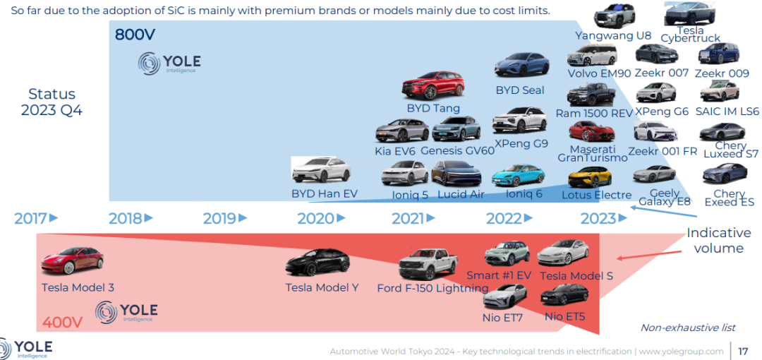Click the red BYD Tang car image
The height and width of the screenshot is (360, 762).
(x=433, y=85)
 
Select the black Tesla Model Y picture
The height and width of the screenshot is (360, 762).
(x=317, y=263)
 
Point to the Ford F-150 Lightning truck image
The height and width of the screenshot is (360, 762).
(x=428, y=264)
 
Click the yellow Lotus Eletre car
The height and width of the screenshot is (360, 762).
(x=590, y=177)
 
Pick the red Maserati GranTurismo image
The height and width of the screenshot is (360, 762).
(x=591, y=131)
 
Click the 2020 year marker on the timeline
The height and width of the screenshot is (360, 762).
(x=321, y=219)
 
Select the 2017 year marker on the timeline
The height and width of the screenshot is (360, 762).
(x=36, y=219)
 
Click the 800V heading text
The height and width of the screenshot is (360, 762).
(x=135, y=35)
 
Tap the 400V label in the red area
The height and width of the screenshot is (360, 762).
(x=61, y=323)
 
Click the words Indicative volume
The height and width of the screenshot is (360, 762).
(x=718, y=240)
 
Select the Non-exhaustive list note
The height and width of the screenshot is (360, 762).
(x=688, y=328)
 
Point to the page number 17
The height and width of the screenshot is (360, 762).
(x=742, y=351)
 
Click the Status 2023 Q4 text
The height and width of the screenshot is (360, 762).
(x=52, y=102)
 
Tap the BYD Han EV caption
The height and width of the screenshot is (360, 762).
(x=324, y=193)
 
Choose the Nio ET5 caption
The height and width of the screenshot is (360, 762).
(x=564, y=317)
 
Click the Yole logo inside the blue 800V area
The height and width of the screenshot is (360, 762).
(x=169, y=64)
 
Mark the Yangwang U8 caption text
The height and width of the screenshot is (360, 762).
(x=613, y=35)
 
